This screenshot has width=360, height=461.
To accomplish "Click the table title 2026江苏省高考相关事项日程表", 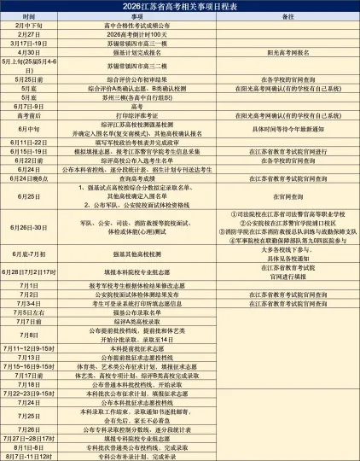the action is [180, 6].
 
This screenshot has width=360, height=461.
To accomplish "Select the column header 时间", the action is [30, 16].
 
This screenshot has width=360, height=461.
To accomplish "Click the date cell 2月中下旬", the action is [30, 26].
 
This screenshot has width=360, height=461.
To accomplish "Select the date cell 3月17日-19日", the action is [30, 43].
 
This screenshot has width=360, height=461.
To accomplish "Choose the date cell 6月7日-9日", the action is [30, 106].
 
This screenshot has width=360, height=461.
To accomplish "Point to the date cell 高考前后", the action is [30, 114].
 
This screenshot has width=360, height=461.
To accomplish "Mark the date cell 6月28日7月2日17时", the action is [30, 271].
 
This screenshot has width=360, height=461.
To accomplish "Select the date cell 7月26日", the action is [30, 428].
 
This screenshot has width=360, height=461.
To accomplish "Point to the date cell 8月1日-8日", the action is [30, 446].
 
